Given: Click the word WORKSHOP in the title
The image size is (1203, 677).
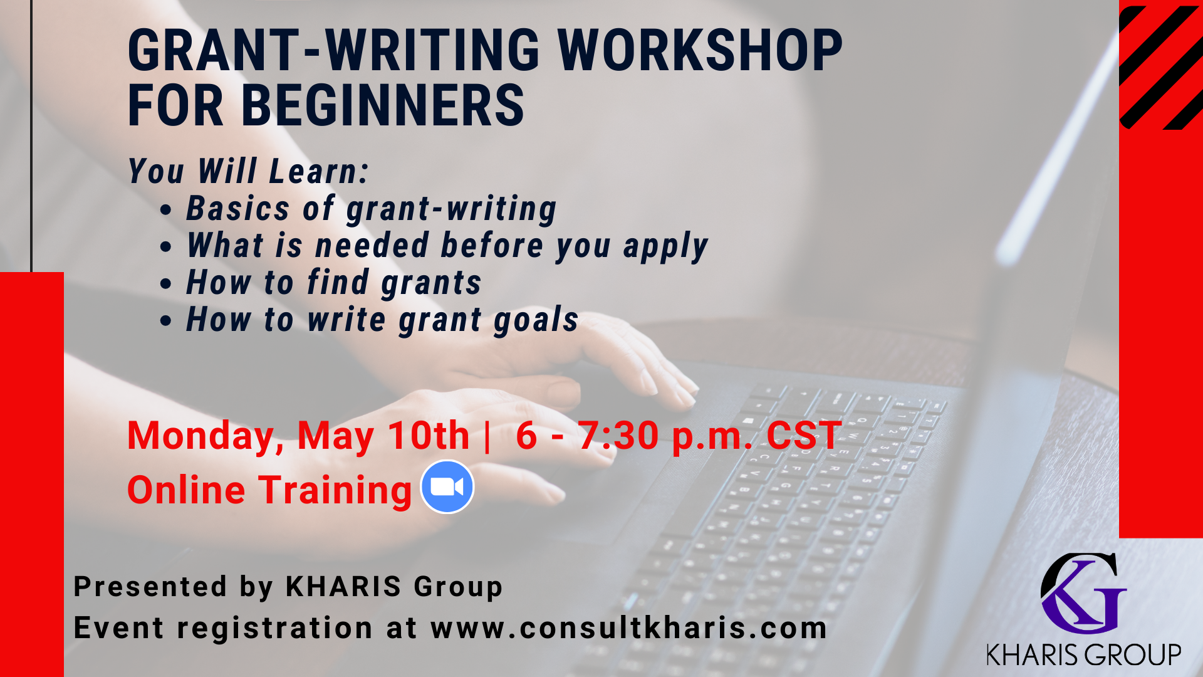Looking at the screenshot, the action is pyautogui.click(x=700, y=50).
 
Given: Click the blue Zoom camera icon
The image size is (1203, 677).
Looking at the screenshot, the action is pyautogui.click(x=447, y=487).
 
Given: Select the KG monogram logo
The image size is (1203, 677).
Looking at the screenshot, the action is pyautogui.click(x=1083, y=593).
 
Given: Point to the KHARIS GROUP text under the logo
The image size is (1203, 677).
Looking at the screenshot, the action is pyautogui.click(x=1083, y=654).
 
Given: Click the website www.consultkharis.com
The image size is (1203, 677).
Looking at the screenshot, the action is pyautogui.click(x=629, y=628).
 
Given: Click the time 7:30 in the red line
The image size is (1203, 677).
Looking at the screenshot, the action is pyautogui.click(x=618, y=435).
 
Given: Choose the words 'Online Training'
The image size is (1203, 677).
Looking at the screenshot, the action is pyautogui.click(x=269, y=490).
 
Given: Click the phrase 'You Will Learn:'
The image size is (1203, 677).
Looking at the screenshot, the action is pyautogui.click(x=249, y=171).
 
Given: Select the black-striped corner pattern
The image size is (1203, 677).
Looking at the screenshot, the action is pyautogui.click(x=1161, y=67).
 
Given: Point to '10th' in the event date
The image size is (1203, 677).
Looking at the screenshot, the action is pyautogui.click(x=429, y=435).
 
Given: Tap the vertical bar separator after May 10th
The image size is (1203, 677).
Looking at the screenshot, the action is pyautogui.click(x=487, y=436).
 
